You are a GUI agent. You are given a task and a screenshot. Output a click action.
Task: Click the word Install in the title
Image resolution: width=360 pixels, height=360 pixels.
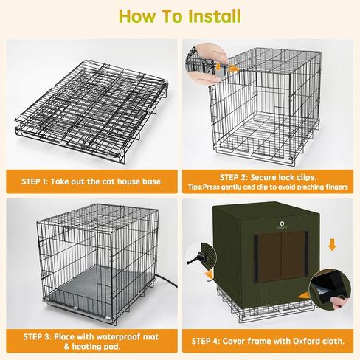pos(214,16)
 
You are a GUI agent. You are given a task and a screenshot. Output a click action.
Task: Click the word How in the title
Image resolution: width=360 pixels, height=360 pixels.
pos(137,16)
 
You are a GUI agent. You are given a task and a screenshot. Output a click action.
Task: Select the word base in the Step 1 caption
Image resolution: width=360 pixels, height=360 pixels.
pos(152,181)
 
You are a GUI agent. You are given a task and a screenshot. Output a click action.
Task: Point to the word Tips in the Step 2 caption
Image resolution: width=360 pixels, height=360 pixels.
pos(195,187)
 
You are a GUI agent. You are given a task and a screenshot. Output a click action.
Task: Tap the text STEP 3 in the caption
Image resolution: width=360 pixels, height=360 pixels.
pos(37,336)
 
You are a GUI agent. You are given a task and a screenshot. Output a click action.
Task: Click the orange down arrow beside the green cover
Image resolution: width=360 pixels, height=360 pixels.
pos(332,245)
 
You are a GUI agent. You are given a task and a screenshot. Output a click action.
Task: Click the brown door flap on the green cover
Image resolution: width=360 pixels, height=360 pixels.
pos(281,256)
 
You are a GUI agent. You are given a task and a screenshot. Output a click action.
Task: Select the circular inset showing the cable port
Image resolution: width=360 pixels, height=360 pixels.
pos(201,257)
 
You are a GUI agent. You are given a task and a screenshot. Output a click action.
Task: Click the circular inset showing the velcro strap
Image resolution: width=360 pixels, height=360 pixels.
pos(330,290)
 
